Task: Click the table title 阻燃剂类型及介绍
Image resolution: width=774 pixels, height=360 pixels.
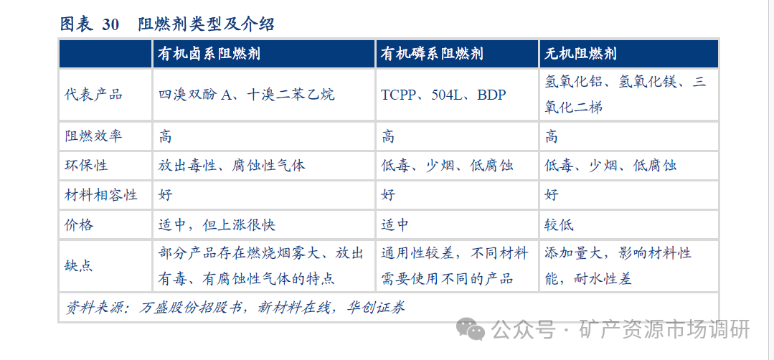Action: pos(206,24)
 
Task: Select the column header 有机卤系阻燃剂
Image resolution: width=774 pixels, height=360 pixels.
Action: pos(209,54)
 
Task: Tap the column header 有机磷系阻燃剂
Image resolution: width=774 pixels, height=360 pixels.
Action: pos(432,54)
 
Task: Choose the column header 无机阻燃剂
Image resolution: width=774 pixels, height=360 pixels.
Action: pos(580,54)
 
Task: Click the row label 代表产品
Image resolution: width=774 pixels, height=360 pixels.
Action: pos(93,94)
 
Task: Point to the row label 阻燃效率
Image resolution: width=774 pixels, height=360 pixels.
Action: pos(93,136)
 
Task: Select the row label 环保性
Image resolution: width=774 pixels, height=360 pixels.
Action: pos(86,165)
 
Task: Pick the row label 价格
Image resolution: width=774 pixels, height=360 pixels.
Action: pos(79,224)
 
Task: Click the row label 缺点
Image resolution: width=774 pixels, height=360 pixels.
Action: pos(79,265)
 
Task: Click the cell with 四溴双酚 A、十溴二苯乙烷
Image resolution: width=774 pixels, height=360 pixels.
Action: pos(246,94)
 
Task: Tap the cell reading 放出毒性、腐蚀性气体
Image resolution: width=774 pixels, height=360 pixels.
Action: pos(232,165)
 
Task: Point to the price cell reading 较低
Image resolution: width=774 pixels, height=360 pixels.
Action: pos(559,224)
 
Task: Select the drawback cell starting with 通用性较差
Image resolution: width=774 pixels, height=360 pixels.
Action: pos(455,265)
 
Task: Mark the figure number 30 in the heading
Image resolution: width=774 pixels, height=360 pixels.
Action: pos(110,24)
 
